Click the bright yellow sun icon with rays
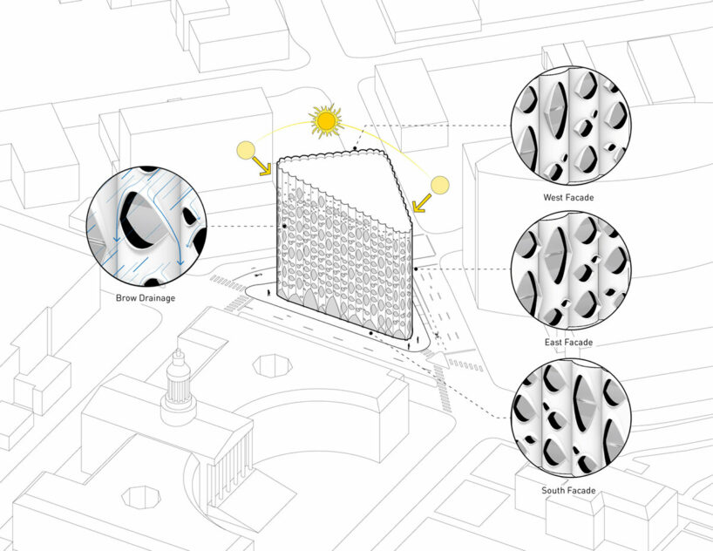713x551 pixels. [326, 121]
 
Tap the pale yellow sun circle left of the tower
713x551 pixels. [246, 151]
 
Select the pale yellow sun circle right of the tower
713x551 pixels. [439, 185]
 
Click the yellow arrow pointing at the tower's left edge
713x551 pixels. [261, 166]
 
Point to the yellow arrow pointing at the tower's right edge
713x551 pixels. [422, 203]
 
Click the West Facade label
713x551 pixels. [568, 197]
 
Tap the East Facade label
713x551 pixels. [568, 342]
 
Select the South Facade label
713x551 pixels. [568, 491]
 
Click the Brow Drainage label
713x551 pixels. [146, 298]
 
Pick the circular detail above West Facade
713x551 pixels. [571, 126]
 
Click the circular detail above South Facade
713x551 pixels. [571, 418]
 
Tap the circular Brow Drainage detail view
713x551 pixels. [146, 226]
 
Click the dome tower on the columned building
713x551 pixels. [179, 387]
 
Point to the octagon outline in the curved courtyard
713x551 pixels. [273, 366]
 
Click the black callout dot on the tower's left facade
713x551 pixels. [285, 226]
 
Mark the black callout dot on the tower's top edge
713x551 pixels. [355, 148]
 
